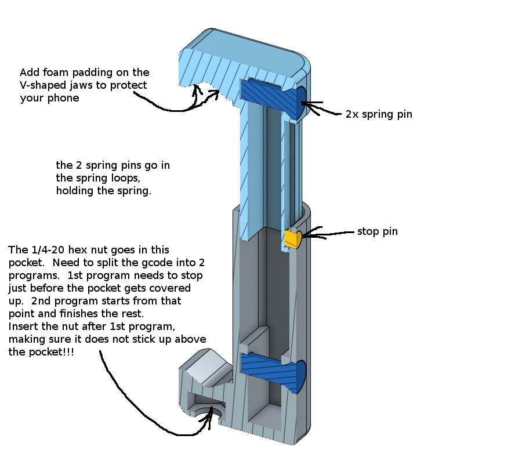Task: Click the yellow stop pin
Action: tap(292, 238)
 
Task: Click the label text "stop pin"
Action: tap(378, 232)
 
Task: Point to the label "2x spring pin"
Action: tap(379, 114)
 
